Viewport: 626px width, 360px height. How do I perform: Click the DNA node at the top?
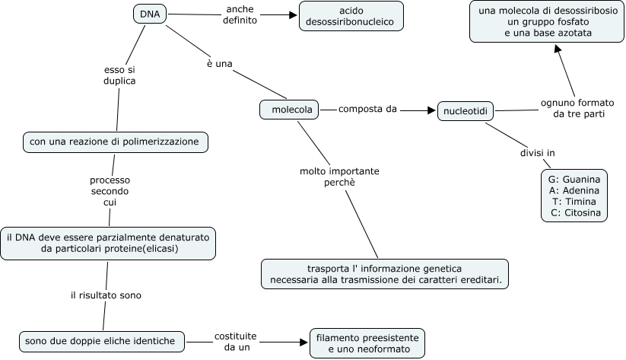[150, 14]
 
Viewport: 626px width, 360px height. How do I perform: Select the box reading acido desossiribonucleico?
[351, 17]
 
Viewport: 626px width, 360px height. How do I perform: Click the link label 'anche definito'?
[240, 15]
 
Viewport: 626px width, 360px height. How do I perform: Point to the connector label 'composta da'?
[367, 110]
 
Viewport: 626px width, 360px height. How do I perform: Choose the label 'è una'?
[219, 64]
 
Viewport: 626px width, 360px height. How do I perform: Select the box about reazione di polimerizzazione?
[114, 142]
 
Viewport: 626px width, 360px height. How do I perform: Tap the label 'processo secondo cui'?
[110, 191]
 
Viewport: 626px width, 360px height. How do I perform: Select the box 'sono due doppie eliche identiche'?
[100, 340]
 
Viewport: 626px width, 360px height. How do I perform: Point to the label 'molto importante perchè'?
[338, 177]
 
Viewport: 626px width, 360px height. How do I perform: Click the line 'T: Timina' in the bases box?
[574, 201]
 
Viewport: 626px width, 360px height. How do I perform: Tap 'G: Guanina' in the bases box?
[574, 179]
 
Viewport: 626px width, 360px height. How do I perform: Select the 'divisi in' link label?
[537, 153]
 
